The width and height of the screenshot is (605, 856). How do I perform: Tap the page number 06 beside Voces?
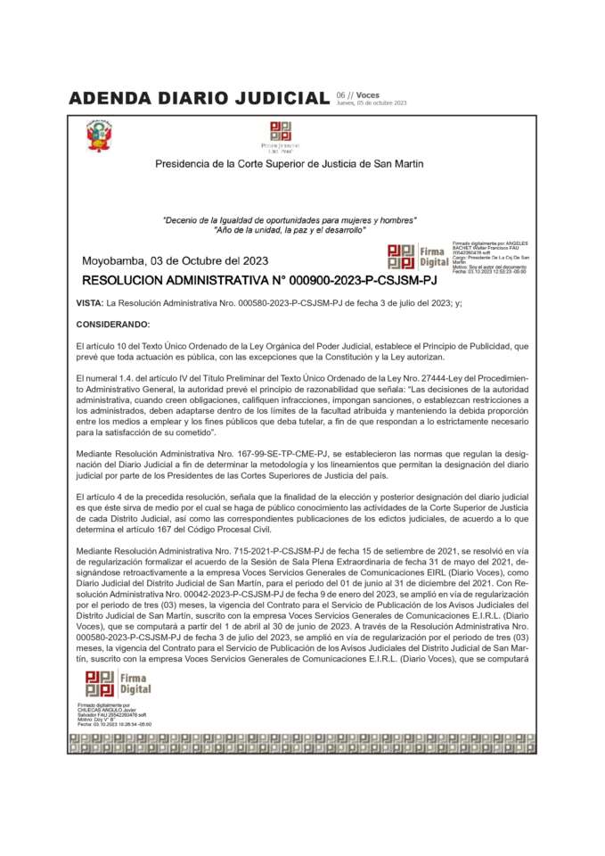click(x=340, y=95)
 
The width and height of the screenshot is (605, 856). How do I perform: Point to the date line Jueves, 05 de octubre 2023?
click(x=371, y=103)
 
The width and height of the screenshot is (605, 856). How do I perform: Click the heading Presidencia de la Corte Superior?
click(x=289, y=164)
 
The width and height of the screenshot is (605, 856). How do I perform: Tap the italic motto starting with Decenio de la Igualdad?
click(x=289, y=220)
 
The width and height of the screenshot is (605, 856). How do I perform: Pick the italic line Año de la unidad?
click(x=289, y=230)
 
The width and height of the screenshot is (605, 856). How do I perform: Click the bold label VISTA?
click(x=90, y=303)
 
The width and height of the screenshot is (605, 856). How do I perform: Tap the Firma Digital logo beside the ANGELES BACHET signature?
click(x=417, y=256)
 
